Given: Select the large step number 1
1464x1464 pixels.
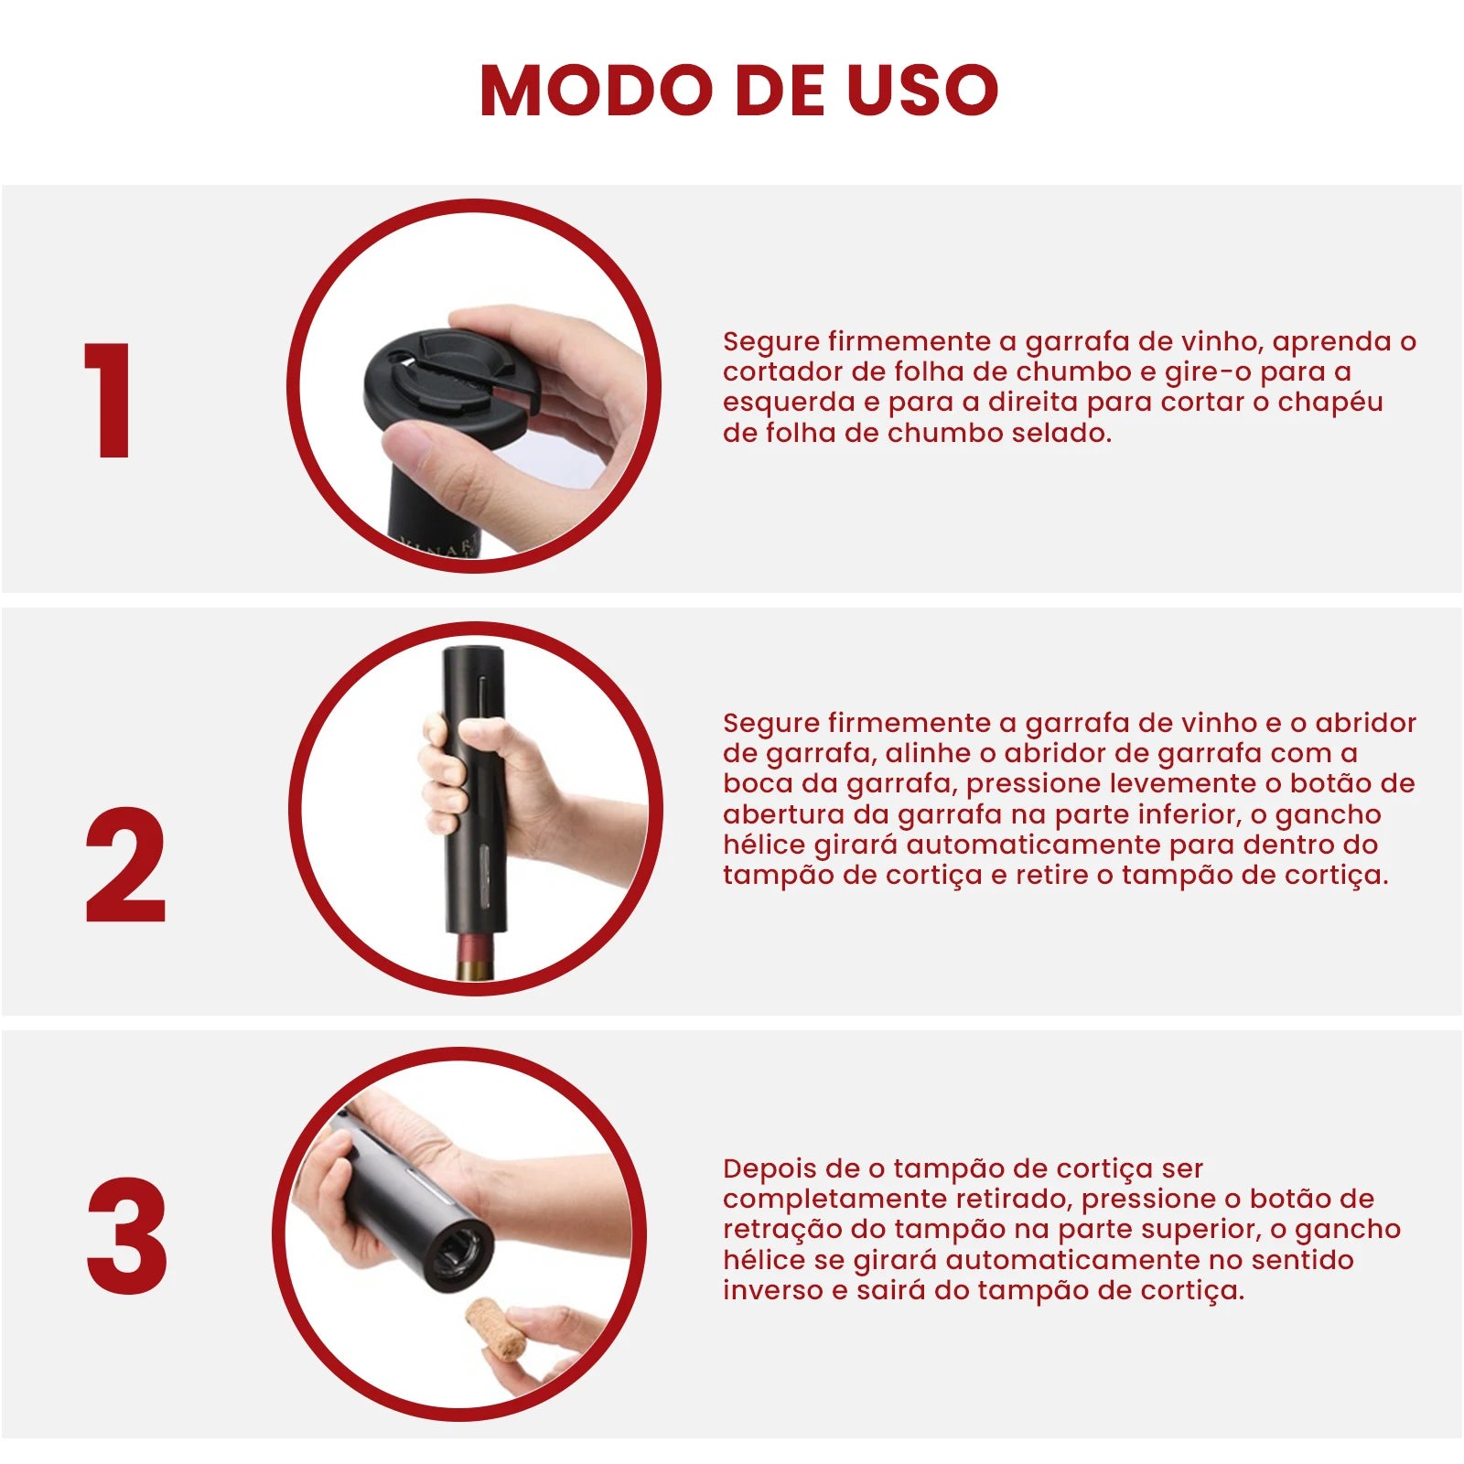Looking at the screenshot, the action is (x=110, y=400).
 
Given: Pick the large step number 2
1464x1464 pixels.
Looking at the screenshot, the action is (x=125, y=865).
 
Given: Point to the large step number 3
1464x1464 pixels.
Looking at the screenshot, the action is (x=127, y=1234).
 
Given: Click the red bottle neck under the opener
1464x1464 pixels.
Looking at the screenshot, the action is (x=477, y=955).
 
